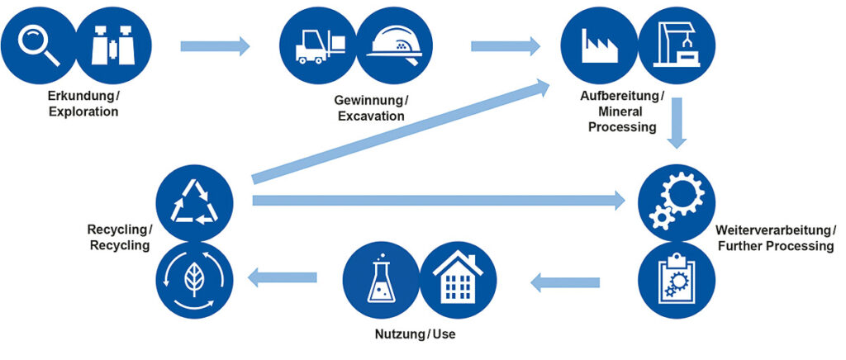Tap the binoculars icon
pyautogui.click(x=113, y=45)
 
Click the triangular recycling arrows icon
pyautogui.click(x=194, y=202)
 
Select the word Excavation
pyautogui.click(x=371, y=116)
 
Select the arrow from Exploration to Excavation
pyautogui.click(x=214, y=45)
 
